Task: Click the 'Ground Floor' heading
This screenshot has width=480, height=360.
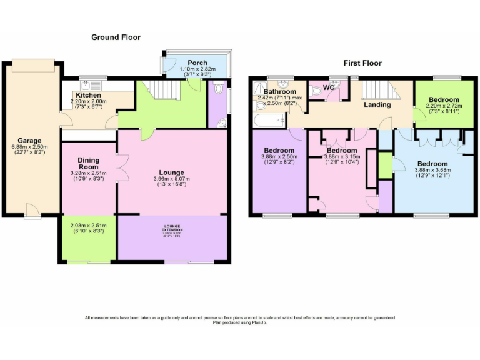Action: point(116,37)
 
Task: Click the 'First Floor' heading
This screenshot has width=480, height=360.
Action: point(362,63)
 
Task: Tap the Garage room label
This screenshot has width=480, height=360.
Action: point(29,141)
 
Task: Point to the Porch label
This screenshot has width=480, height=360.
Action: point(197,62)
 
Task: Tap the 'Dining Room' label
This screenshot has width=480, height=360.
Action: point(88,164)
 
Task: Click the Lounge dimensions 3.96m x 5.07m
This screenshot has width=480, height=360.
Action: point(171,179)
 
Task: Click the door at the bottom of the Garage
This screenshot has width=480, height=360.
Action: point(31,211)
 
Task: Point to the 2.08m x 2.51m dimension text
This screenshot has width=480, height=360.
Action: point(88,226)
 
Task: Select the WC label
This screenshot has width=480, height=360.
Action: point(329,87)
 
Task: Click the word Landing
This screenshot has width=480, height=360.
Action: point(377,104)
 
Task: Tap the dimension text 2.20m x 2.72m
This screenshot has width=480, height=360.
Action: point(444,106)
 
